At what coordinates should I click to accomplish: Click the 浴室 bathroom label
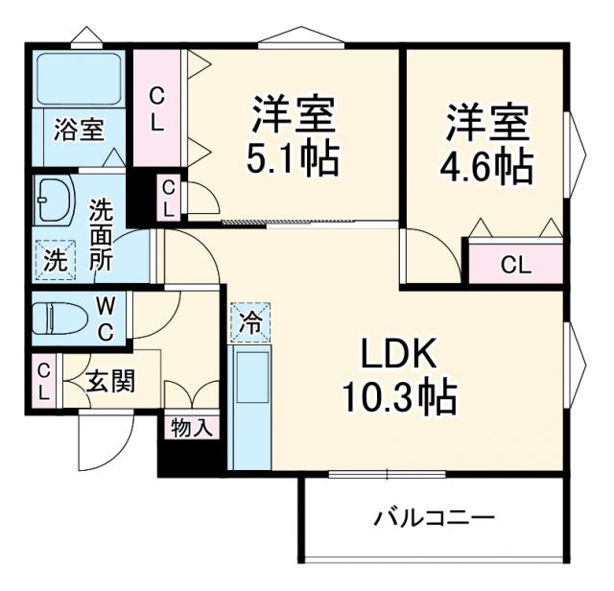79,130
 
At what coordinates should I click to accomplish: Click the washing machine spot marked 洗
55,258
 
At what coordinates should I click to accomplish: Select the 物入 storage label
192,429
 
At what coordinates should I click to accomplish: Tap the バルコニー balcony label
434,519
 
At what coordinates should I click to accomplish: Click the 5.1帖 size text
293,158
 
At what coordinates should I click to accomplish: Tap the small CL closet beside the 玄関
44,381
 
